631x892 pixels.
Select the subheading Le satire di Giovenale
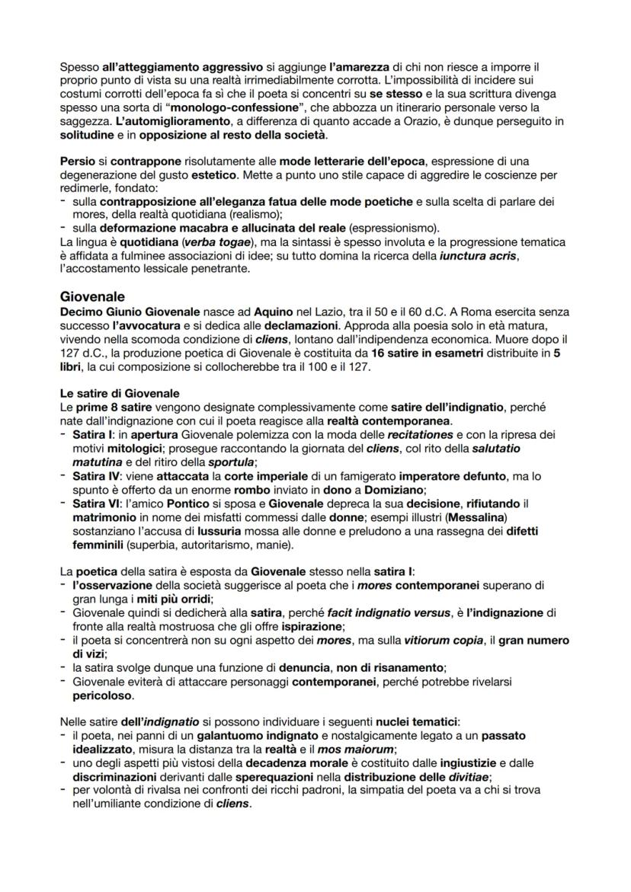[119, 393]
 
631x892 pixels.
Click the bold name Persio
[77, 161]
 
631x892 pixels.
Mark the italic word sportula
[232, 462]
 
